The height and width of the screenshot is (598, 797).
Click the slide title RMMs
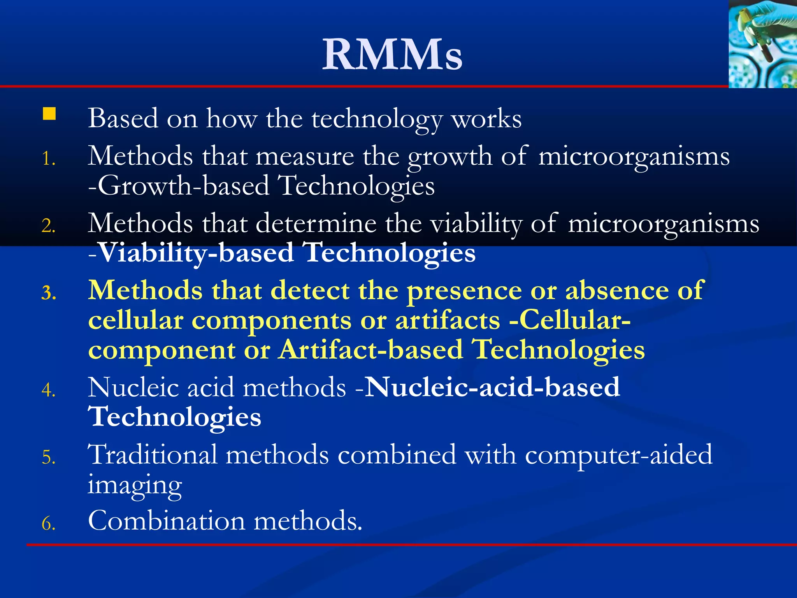coord(392,55)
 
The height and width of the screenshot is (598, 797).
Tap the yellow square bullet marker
coord(49,114)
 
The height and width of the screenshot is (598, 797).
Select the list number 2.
coord(48,226)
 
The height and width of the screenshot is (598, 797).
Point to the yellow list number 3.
coord(49,293)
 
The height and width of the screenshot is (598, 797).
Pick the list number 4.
coord(48,390)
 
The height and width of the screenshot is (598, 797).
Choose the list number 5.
coord(48,457)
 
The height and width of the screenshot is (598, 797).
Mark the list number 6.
coord(48,524)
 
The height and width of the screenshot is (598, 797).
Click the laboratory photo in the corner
coord(762,44)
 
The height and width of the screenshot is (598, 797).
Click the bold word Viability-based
coord(197,253)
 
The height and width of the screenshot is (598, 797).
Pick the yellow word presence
coord(464,291)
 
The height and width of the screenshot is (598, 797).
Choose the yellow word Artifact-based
coord(371,350)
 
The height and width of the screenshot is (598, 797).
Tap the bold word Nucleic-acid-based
coord(492,387)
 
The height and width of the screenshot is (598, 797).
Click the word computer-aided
coord(618,455)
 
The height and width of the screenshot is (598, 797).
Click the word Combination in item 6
coord(167,521)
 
